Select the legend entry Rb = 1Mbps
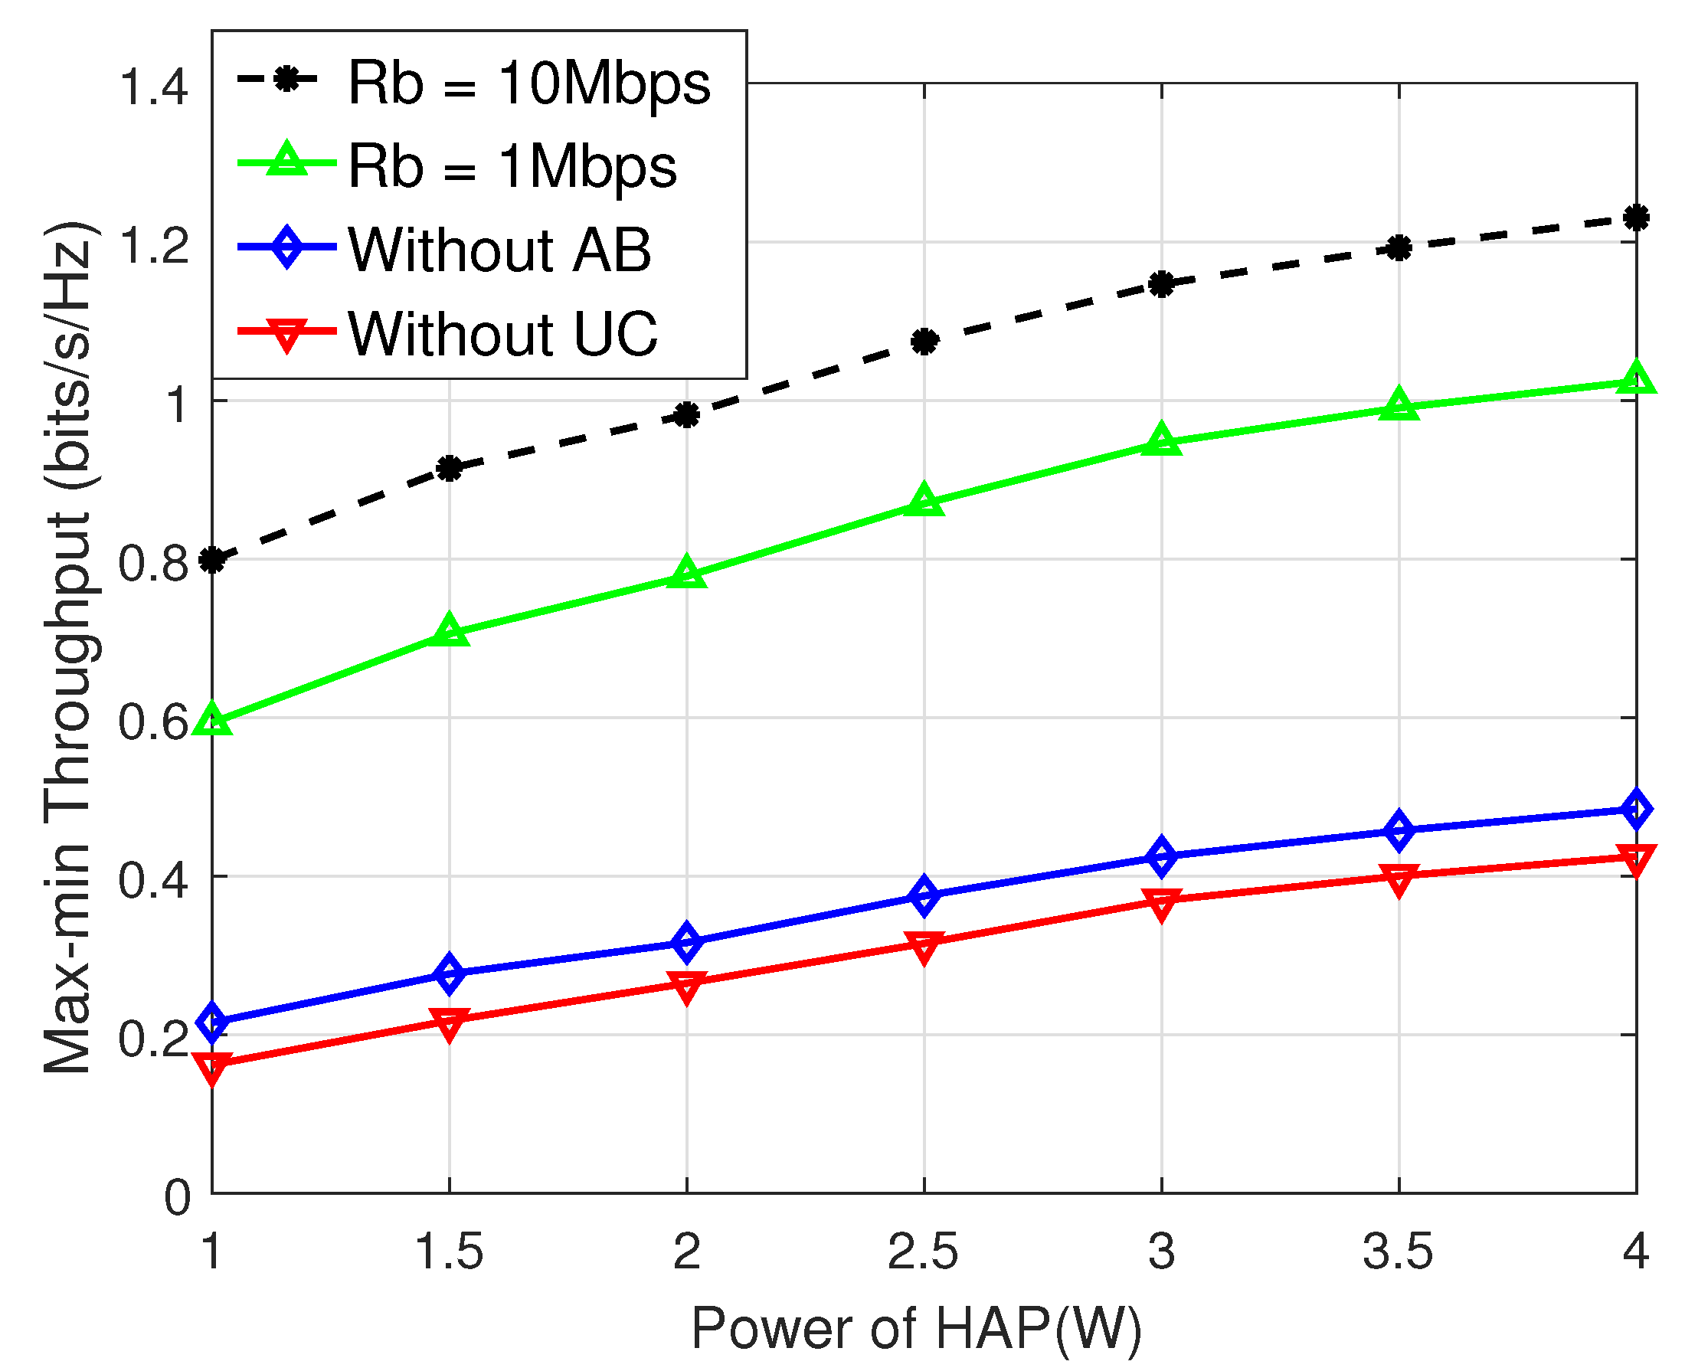(x=512, y=166)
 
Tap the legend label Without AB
(x=499, y=250)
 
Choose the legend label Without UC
(x=502, y=333)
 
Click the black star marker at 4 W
(x=1635, y=218)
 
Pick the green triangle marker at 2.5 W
(x=924, y=502)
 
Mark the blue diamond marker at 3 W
(x=1160, y=857)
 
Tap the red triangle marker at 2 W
(x=686, y=984)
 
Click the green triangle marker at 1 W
(x=212, y=720)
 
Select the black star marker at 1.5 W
(x=450, y=468)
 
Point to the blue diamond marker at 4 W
(x=1635, y=809)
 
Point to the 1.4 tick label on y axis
(x=153, y=86)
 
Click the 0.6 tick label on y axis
(x=153, y=721)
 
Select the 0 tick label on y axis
(x=177, y=1197)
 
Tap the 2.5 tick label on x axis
(x=922, y=1252)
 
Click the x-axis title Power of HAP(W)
(x=916, y=1328)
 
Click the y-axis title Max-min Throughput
(x=70, y=648)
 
